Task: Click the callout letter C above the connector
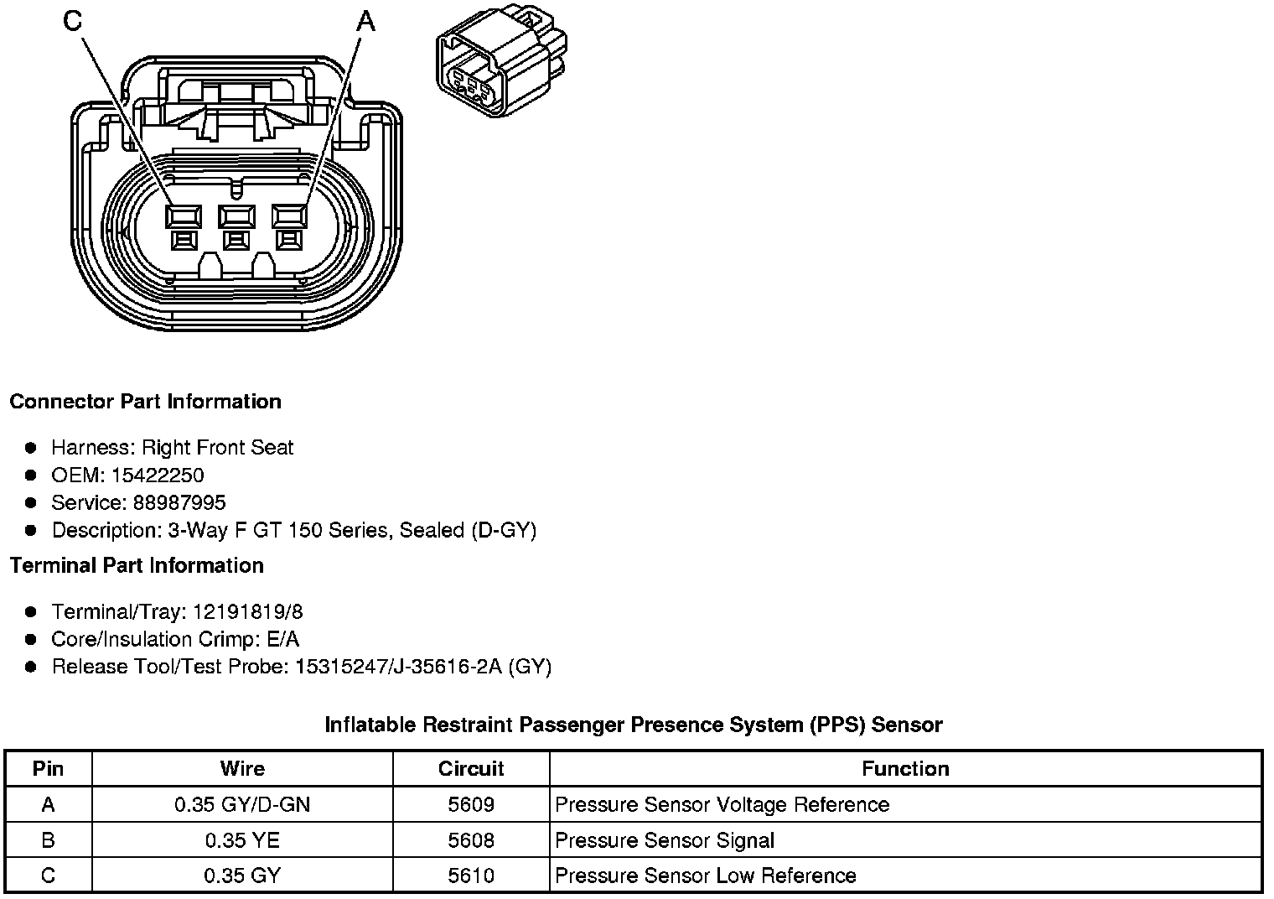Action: coord(73,21)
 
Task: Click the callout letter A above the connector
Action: coord(365,21)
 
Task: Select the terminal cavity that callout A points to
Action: coord(290,217)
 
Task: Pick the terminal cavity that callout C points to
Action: coord(183,217)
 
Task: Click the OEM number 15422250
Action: coord(158,475)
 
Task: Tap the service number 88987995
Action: coord(179,503)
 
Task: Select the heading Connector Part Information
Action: coord(145,402)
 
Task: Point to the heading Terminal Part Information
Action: coord(137,566)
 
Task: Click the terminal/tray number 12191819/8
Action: coord(248,612)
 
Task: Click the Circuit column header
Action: coord(471,769)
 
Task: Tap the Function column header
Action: coord(905,769)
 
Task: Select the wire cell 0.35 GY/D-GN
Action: coord(242,805)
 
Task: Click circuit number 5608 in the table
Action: coord(471,840)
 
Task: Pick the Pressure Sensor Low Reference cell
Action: coord(706,876)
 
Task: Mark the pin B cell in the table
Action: coord(48,840)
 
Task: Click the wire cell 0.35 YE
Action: coord(242,840)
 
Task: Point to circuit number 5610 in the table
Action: coord(471,876)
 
